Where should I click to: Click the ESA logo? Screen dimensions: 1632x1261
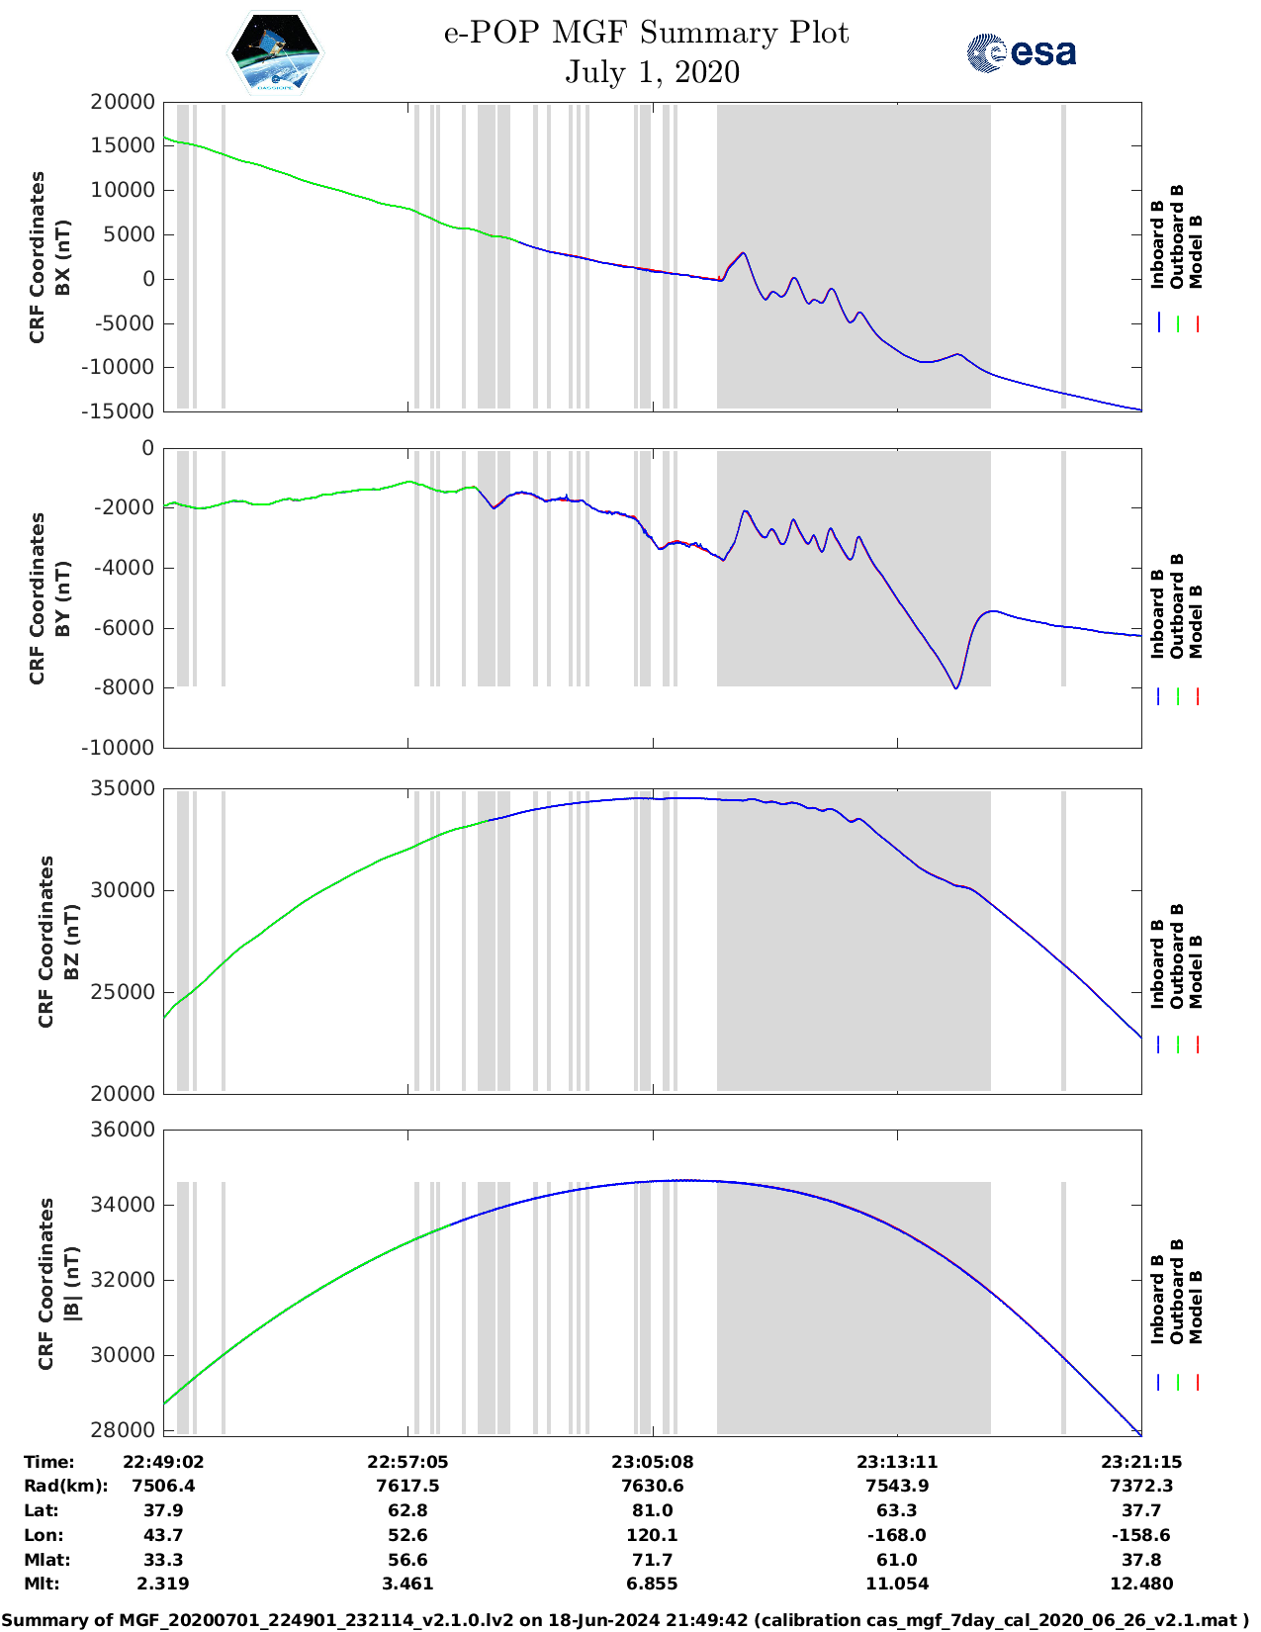(x=1022, y=52)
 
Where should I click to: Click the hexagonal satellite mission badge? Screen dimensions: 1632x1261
(x=276, y=52)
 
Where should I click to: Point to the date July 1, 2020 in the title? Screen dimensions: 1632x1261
(x=652, y=72)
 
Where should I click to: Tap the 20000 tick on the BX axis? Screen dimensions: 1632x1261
(x=123, y=102)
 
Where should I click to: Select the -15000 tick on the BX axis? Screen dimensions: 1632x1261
(x=120, y=411)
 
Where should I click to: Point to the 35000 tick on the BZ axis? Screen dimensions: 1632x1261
(x=123, y=788)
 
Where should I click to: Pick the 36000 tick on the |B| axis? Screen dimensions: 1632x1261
(x=123, y=1130)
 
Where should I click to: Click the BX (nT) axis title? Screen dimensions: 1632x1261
(x=63, y=257)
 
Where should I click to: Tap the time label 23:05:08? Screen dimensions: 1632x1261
(x=652, y=1462)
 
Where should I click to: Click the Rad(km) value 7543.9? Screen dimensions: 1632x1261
(x=896, y=1486)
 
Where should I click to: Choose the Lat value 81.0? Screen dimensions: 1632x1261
(x=652, y=1510)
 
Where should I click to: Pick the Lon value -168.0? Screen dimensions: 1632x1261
(x=896, y=1535)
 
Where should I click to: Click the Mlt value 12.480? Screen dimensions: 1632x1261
(x=1141, y=1584)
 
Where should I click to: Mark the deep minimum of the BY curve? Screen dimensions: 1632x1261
(x=955, y=687)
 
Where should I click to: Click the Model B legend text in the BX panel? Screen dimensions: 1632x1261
(x=1196, y=251)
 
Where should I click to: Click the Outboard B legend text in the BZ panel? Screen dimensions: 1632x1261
(x=1177, y=955)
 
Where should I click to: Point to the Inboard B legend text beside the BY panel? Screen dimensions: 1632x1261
(x=1157, y=613)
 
